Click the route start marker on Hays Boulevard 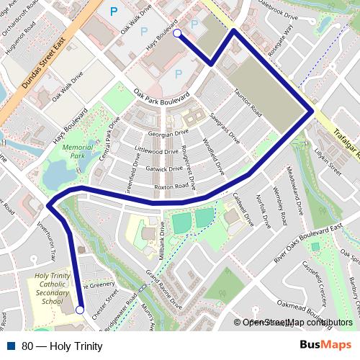(177, 33)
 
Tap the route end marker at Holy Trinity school (80, 310)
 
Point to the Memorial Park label (73, 150)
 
